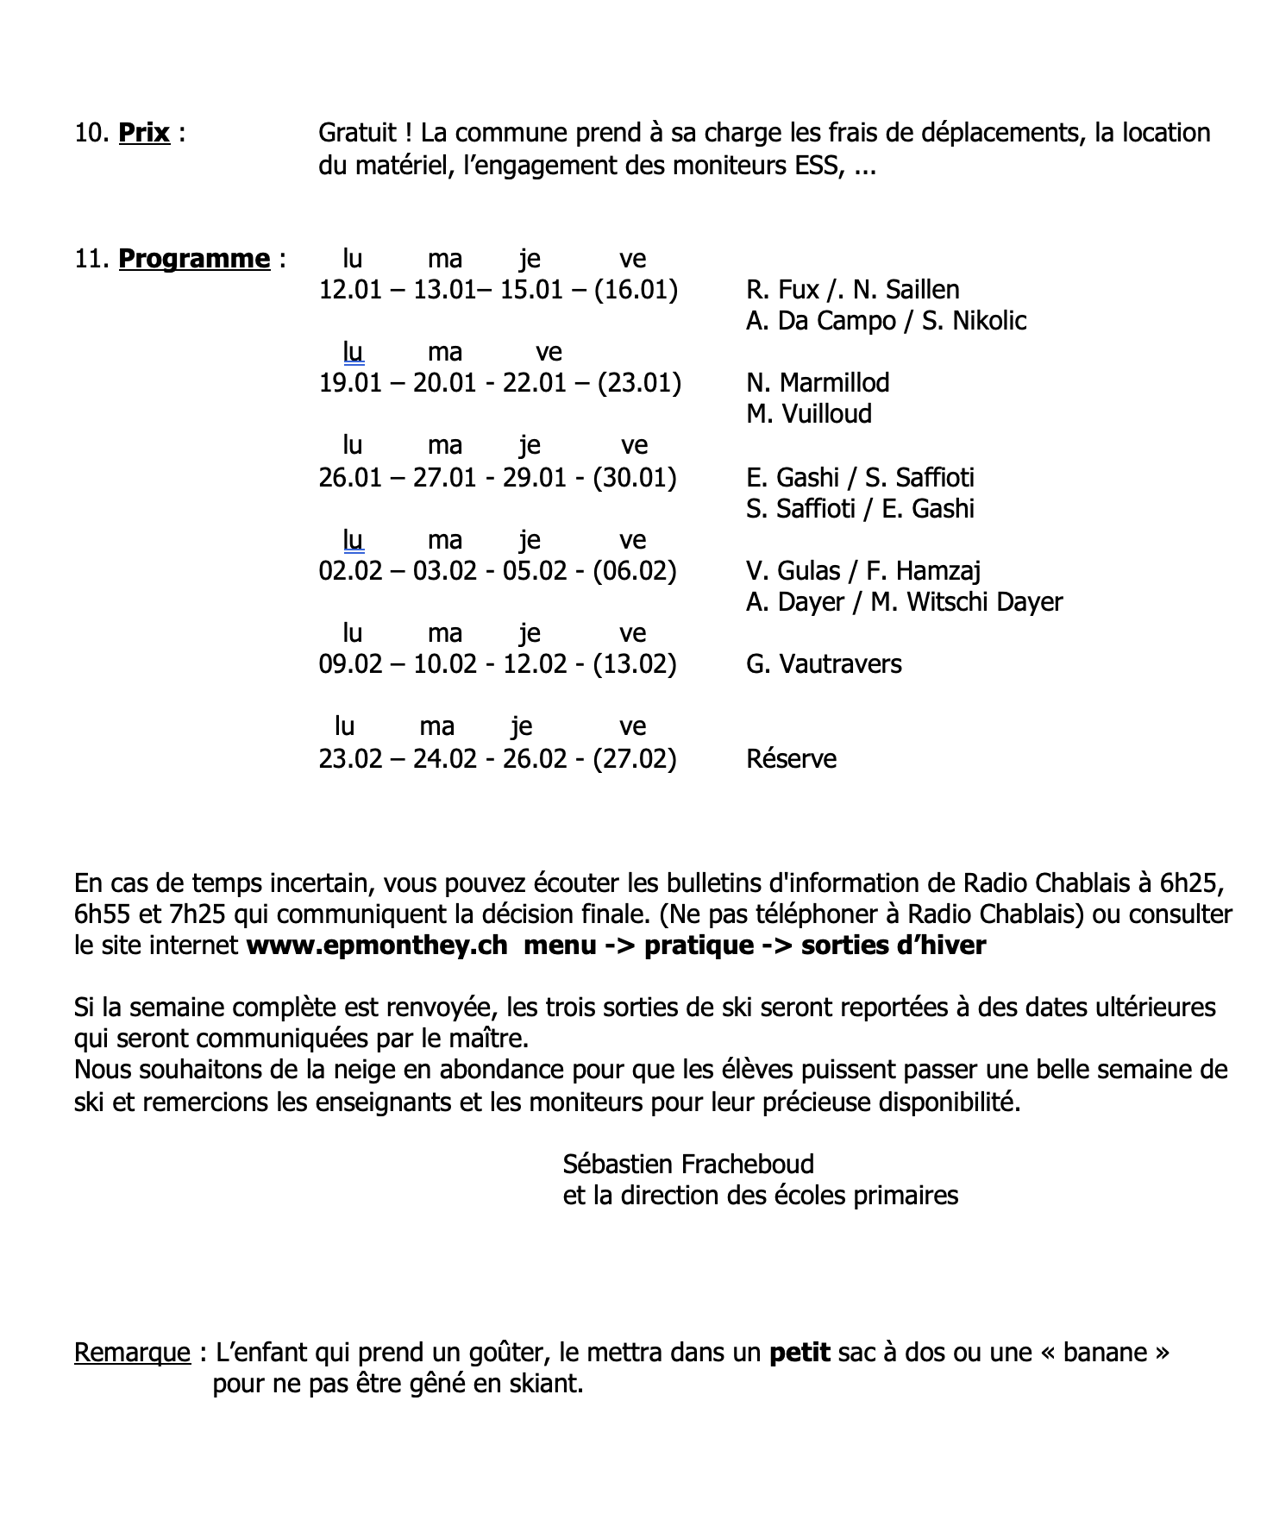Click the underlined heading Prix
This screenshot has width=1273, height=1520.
click(143, 134)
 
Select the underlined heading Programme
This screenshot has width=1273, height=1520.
click(194, 259)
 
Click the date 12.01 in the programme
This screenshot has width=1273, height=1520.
click(349, 290)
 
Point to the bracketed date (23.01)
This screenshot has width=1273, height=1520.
click(638, 383)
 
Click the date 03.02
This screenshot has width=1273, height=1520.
click(444, 571)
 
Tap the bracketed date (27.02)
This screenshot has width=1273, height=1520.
click(635, 759)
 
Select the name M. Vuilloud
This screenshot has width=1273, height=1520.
click(809, 414)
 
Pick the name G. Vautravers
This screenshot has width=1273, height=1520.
click(824, 664)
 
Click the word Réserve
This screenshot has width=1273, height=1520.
click(791, 759)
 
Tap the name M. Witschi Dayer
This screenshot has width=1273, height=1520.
click(966, 602)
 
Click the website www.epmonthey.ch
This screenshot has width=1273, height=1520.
click(377, 946)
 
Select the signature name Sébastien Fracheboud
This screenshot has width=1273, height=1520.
click(688, 1165)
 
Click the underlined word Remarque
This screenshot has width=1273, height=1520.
click(132, 1353)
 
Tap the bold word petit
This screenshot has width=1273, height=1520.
click(800, 1353)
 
